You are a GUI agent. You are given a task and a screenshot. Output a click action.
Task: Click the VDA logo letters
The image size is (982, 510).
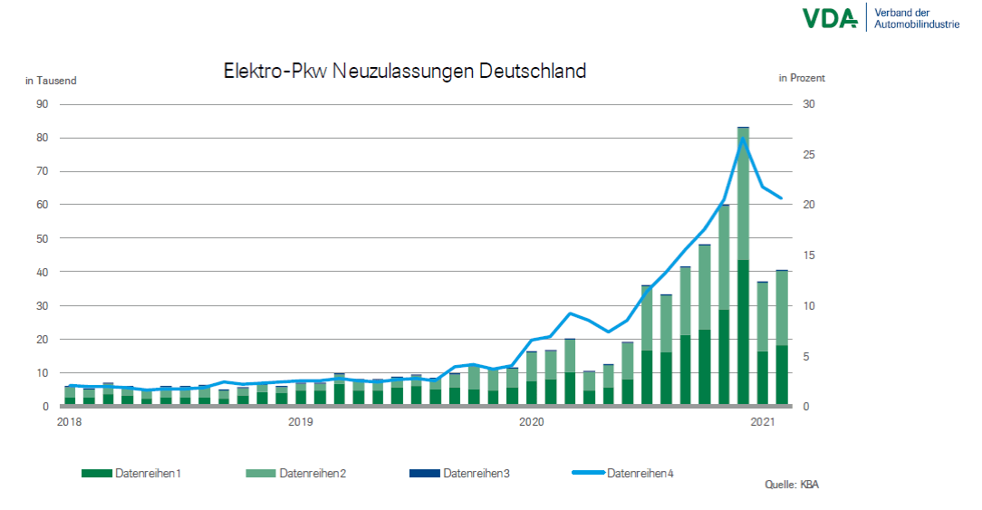[828, 17]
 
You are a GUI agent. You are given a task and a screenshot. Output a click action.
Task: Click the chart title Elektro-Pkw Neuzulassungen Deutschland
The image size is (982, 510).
[404, 72]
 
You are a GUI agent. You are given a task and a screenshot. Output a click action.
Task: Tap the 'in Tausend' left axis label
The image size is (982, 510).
[51, 81]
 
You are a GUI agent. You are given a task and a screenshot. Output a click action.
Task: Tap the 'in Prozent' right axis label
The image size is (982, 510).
[802, 79]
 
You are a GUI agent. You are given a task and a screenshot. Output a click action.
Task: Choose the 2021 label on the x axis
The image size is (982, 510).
[762, 422]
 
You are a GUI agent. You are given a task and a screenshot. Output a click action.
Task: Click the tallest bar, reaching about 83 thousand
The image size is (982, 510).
[743, 272]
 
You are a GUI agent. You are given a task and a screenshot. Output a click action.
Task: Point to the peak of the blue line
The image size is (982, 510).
[743, 139]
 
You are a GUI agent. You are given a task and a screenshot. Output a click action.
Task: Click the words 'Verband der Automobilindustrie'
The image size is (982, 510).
[915, 17]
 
